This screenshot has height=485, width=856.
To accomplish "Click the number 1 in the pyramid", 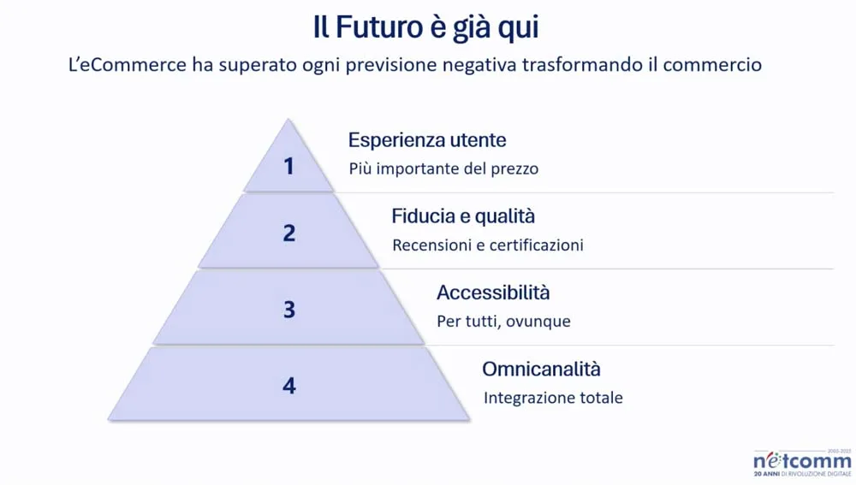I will coord(288,165).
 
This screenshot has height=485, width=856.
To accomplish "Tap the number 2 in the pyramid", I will coord(288,233).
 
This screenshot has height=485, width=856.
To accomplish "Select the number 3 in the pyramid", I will coord(288,309).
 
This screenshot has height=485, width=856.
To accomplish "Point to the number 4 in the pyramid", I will coord(288,386).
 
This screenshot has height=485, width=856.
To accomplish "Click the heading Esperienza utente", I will coord(427,140).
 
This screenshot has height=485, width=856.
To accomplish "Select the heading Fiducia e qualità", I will coord(463,216).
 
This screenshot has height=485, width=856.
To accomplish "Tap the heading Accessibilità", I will coord(493,293).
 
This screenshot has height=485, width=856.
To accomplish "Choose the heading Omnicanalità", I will coord(541,370).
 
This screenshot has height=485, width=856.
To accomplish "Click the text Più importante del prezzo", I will coord(443,169).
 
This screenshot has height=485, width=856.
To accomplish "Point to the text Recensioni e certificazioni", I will coord(488,245).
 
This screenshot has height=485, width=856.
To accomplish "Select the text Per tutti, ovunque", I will coord(503,322).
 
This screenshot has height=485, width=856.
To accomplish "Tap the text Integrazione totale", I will coord(553,398).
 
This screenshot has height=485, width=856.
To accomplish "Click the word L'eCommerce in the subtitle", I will coord(128,65).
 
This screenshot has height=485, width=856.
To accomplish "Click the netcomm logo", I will coord(801,462).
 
